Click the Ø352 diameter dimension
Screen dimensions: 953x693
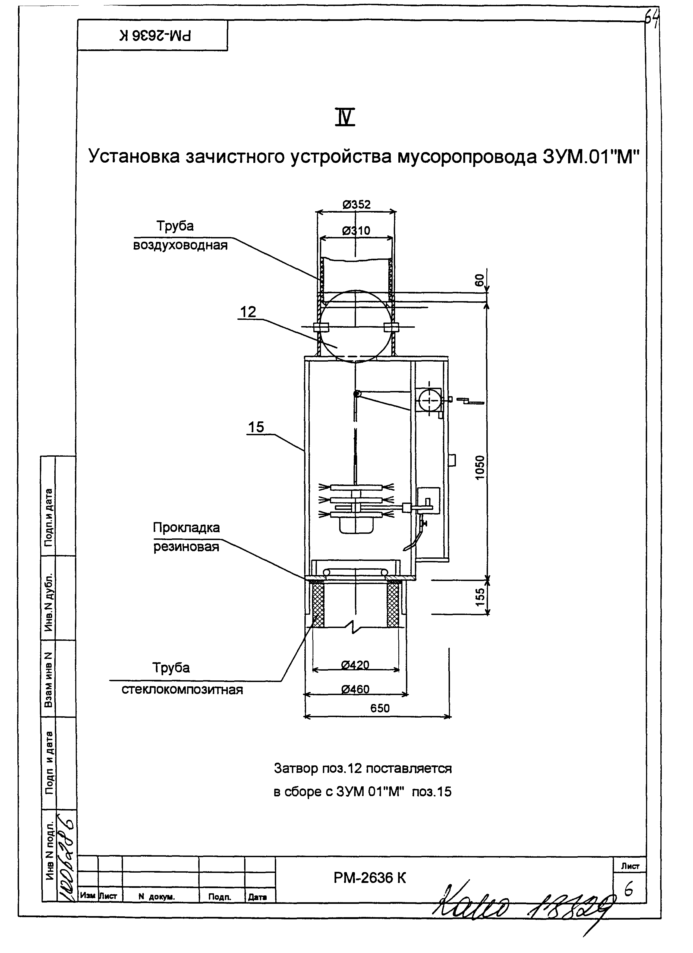point(356,205)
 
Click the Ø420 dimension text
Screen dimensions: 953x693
point(355,665)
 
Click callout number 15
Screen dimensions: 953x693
point(256,427)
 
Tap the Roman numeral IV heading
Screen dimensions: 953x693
point(345,118)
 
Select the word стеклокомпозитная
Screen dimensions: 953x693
point(182,690)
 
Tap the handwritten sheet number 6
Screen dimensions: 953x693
point(629,890)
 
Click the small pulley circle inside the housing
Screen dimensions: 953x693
point(357,394)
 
